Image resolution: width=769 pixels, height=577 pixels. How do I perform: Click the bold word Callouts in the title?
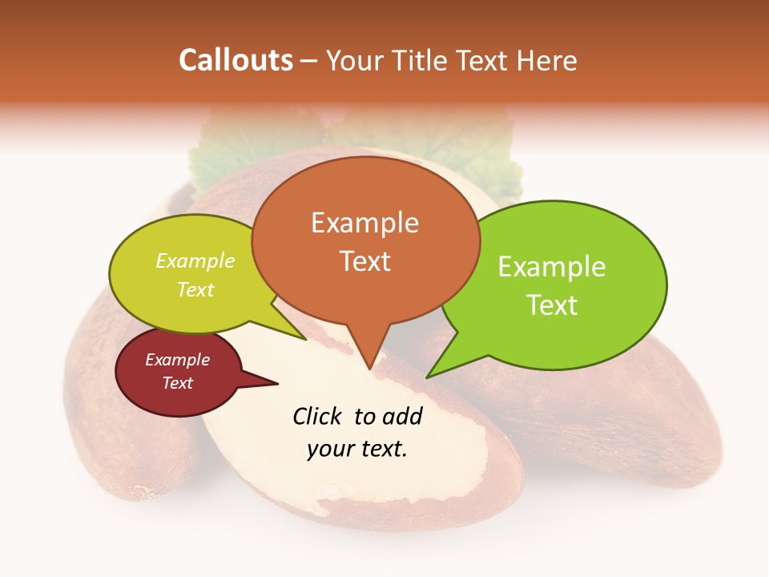coord(236,60)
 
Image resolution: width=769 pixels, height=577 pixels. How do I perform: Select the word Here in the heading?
coord(547,60)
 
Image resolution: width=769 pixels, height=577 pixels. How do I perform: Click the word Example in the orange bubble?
coord(364,223)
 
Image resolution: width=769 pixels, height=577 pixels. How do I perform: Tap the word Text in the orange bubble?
coord(364,260)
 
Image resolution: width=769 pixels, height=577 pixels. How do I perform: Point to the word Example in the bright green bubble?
coord(551,267)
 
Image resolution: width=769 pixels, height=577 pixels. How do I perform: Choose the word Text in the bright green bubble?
coord(551,305)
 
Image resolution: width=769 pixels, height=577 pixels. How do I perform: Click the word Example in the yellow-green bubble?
coord(195,261)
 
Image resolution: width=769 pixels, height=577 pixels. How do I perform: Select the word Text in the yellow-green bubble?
coord(195,289)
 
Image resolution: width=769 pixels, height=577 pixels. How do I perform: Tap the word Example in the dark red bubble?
coord(177,360)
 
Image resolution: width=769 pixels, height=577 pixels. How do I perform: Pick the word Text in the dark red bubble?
coord(177,383)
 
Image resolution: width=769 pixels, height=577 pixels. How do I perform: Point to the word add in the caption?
coord(403,416)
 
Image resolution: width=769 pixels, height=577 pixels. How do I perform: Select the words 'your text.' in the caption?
coord(356,449)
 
